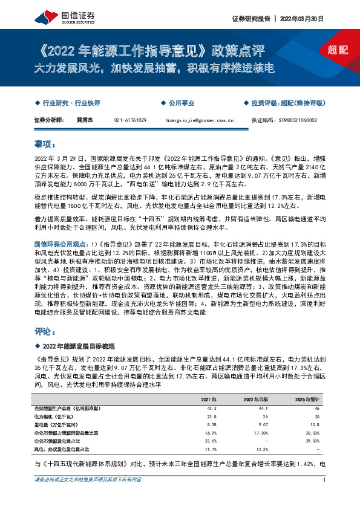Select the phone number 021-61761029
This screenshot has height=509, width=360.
point(130,120)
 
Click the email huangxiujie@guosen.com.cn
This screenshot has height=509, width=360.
point(199,120)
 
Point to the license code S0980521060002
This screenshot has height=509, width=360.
point(301,120)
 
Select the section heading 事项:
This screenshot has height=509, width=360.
point(44,144)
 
